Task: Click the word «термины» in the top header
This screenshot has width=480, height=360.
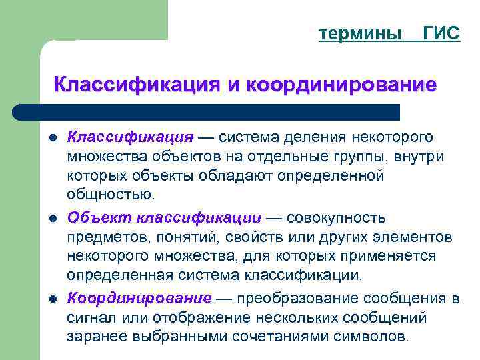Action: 360,34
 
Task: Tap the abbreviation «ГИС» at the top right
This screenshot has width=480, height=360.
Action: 441,34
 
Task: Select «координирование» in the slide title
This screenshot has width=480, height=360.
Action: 341,85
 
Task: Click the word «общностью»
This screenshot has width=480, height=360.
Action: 110,195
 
